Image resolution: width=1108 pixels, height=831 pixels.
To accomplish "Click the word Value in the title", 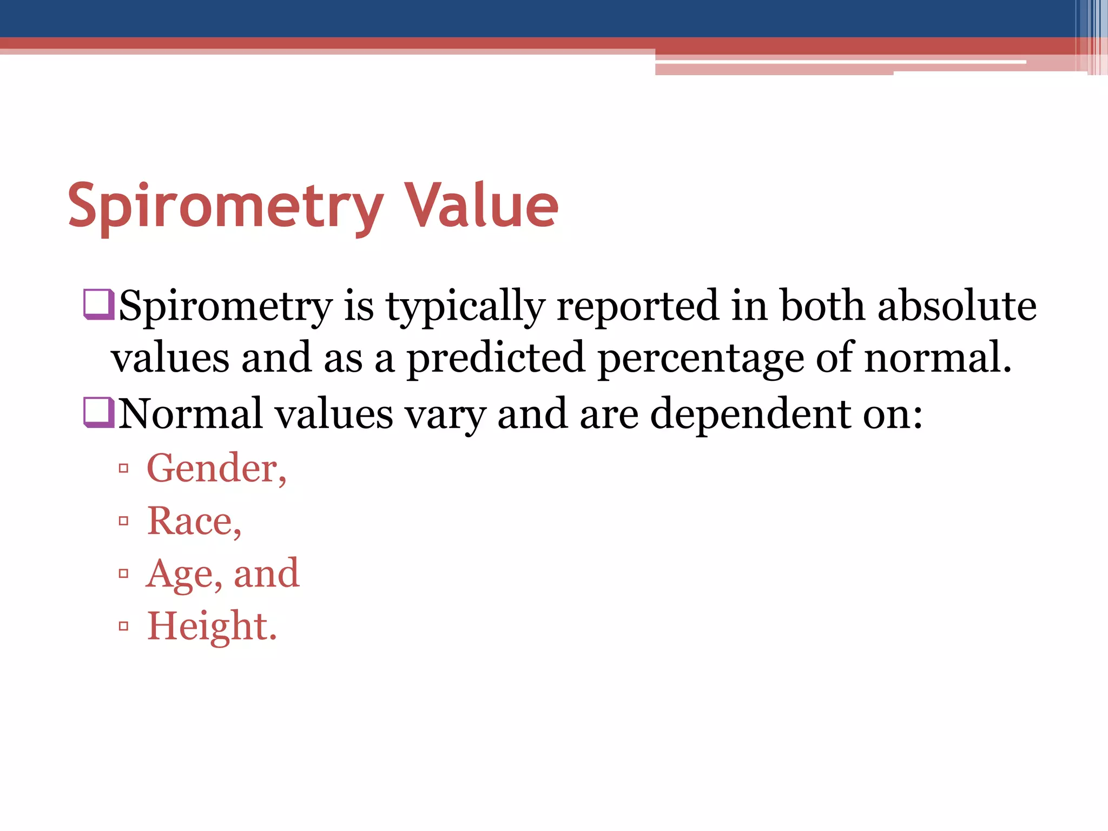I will [x=481, y=206].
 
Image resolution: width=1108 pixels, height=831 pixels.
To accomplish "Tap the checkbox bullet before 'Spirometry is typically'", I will [x=98, y=305].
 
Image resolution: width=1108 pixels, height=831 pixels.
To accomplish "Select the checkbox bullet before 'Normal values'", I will [x=98, y=412].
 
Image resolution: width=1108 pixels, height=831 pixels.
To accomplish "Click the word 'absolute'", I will [x=957, y=306].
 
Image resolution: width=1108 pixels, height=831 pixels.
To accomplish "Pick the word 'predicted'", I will [x=496, y=358].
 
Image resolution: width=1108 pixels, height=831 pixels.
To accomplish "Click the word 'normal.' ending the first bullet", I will [x=938, y=358].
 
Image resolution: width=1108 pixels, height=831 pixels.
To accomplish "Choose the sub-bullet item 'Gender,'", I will [x=216, y=468].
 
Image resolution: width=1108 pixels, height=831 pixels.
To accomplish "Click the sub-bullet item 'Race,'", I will [x=194, y=521].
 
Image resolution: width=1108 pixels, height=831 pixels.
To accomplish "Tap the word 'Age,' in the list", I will [x=184, y=574].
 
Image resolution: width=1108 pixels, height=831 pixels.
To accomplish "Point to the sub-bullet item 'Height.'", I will [x=212, y=626].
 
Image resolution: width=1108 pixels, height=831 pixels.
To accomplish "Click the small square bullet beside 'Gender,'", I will [x=124, y=468].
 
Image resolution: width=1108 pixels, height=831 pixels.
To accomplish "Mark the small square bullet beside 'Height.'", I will [x=124, y=626].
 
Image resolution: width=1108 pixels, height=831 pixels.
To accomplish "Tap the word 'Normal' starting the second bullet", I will [x=190, y=414].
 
